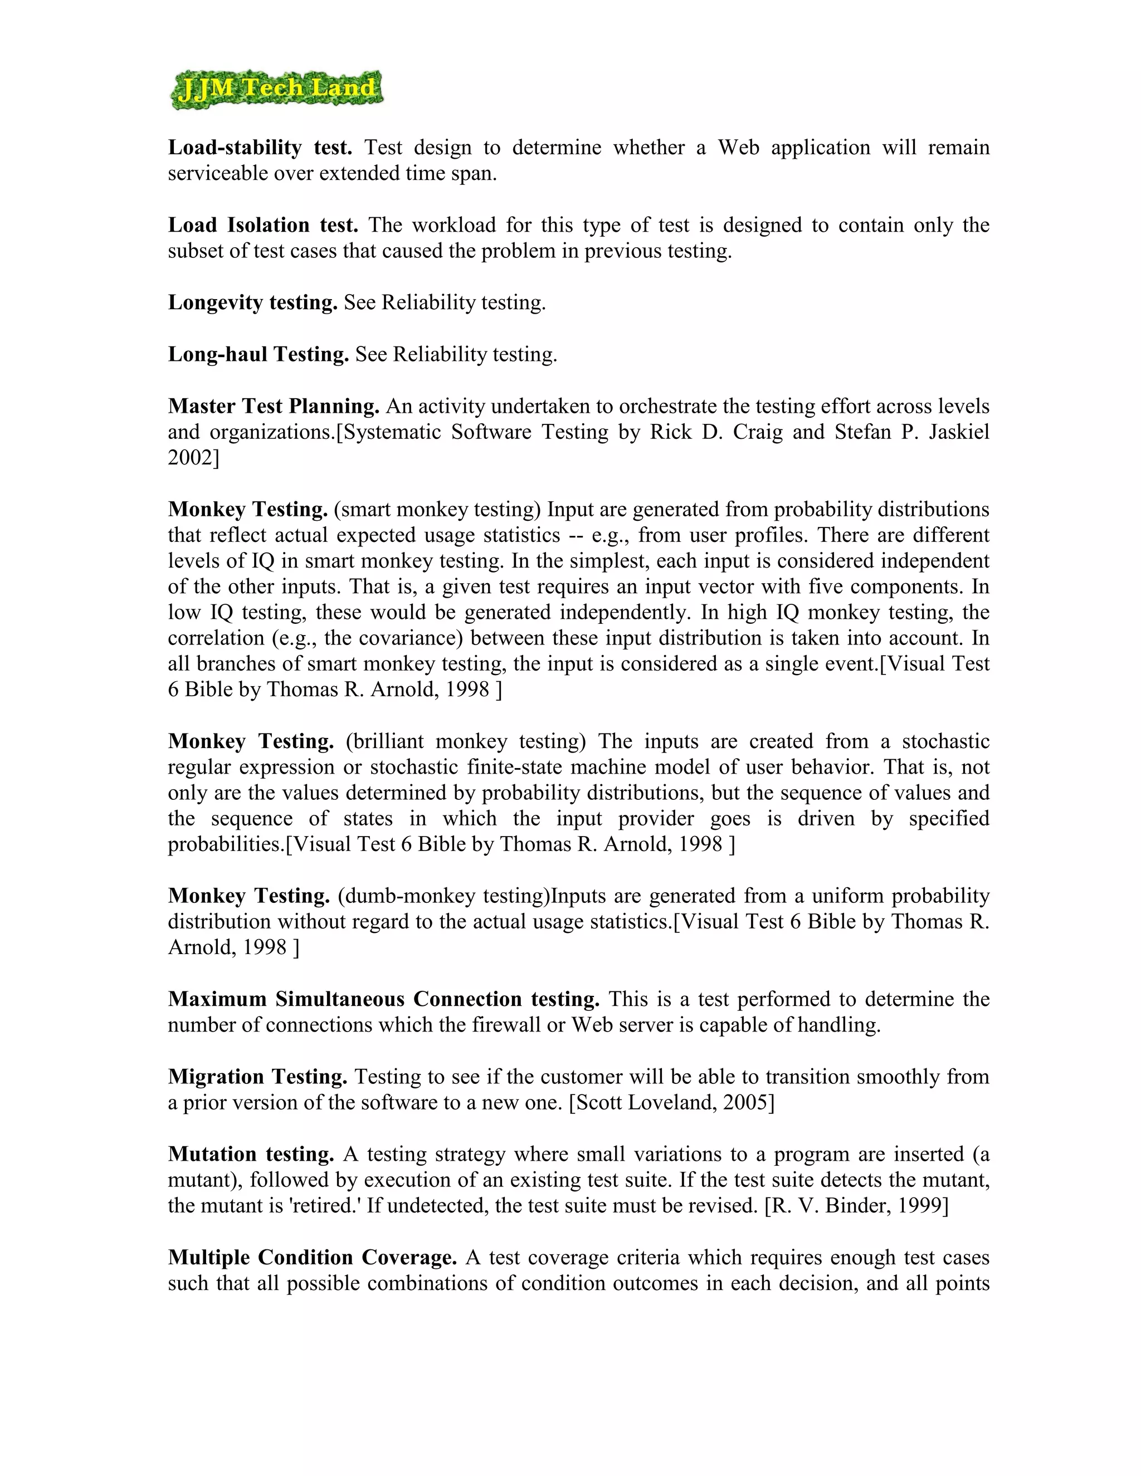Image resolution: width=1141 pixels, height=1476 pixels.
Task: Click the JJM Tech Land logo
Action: (x=276, y=89)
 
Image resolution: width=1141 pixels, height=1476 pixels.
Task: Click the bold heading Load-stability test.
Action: (x=260, y=148)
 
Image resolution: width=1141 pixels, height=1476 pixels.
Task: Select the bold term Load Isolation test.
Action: (x=263, y=225)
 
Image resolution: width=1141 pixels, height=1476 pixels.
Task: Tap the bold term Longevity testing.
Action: (x=253, y=302)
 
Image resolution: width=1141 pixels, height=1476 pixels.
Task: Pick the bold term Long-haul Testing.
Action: (x=258, y=354)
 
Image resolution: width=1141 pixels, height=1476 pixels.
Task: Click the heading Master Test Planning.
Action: (x=274, y=406)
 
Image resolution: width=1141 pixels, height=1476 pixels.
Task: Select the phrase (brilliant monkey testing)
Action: (x=466, y=741)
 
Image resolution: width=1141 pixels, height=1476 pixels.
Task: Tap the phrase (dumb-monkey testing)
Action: (x=444, y=896)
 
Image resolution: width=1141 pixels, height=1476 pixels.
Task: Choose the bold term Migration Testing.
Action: (x=257, y=1077)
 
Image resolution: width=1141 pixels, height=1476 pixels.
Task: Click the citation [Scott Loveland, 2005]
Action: (x=671, y=1102)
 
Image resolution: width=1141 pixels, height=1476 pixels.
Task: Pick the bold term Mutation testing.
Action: (x=251, y=1154)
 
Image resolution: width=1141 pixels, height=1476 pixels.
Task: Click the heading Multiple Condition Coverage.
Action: (x=313, y=1258)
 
